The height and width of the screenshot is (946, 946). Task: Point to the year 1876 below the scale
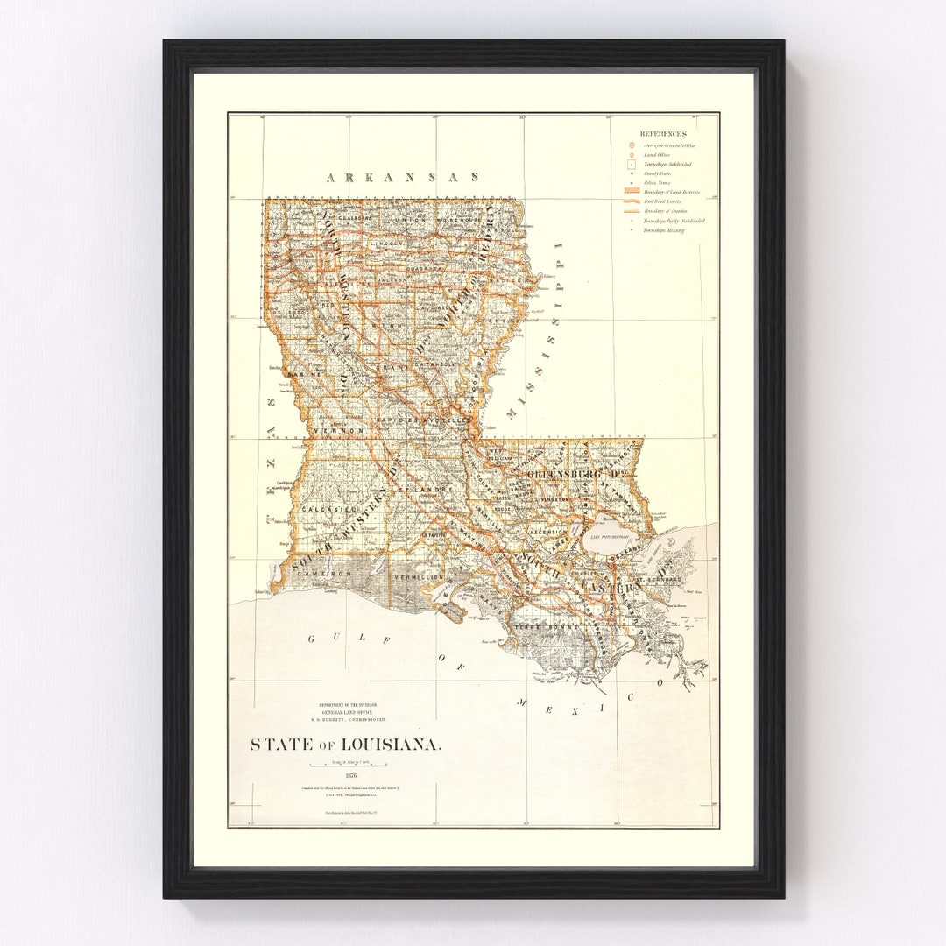(x=351, y=775)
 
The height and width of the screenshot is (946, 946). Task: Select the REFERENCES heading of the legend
(x=663, y=133)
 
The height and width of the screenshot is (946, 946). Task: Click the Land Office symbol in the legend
(x=632, y=154)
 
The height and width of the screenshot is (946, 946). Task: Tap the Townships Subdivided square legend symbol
(x=632, y=164)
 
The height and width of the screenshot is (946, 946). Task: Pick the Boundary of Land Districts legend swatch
(x=632, y=191)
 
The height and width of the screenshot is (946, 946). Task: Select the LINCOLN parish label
(x=386, y=243)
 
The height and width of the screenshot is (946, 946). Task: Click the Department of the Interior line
(x=348, y=704)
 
